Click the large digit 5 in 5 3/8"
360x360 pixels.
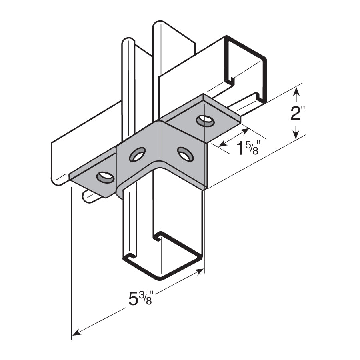point(133,299)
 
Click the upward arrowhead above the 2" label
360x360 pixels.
point(297,91)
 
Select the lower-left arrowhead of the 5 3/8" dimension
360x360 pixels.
point(76,333)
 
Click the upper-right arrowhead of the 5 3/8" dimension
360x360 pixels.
point(199,272)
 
